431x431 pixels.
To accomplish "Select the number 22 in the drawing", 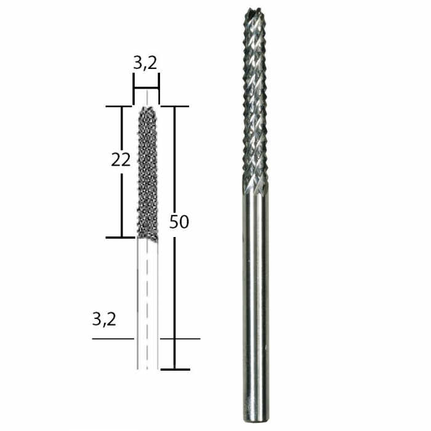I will [121, 160].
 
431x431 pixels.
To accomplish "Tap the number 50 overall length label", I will [179, 222].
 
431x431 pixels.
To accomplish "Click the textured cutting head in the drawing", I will [147, 172].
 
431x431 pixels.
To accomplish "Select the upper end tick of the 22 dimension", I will [121, 106].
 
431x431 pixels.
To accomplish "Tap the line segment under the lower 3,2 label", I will [112, 338].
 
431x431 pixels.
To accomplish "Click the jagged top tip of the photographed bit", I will [255, 12].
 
